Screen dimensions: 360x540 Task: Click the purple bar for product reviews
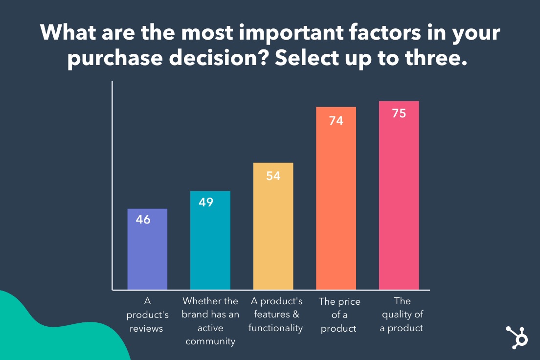click(x=147, y=254)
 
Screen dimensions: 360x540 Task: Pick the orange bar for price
click(x=336, y=205)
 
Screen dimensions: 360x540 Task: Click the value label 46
click(x=143, y=220)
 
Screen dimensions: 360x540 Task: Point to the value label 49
click(x=206, y=202)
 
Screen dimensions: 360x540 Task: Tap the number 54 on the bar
click(x=273, y=176)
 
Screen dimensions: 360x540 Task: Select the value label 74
click(x=336, y=120)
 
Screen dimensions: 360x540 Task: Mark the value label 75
click(x=399, y=114)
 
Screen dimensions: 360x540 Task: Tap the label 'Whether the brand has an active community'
click(x=210, y=321)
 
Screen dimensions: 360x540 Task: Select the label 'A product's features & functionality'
click(x=275, y=315)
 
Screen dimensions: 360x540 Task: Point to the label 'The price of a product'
click(x=338, y=315)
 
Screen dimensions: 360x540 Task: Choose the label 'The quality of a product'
click(x=402, y=315)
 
